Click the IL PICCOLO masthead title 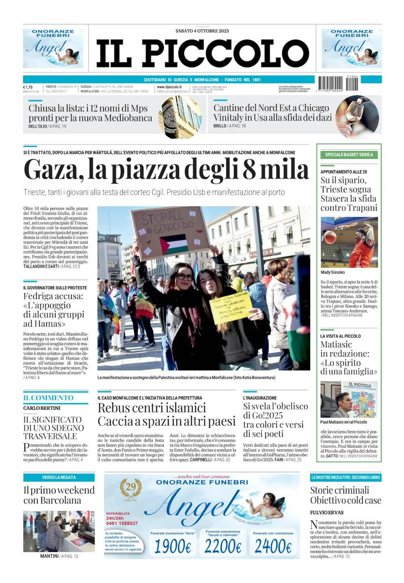coord(202,53)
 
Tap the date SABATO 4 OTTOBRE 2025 coord(202,31)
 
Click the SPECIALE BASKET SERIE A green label coord(349,155)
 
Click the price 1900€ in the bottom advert coord(172,546)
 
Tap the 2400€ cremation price coord(273,546)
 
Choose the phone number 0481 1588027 coord(122,523)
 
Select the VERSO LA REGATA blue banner coord(59,477)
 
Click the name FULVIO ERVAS coord(327,513)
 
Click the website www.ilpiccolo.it coord(169,87)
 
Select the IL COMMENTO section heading coord(48,398)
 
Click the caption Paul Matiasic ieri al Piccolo coord(343,422)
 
